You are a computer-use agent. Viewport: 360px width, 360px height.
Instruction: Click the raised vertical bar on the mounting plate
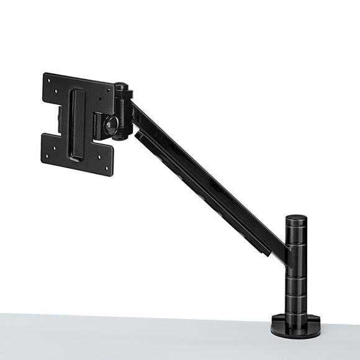click(x=78, y=124)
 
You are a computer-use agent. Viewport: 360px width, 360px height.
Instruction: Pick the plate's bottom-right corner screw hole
click(x=107, y=168)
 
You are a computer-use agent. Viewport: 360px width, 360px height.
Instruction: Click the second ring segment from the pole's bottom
click(x=295, y=287)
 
